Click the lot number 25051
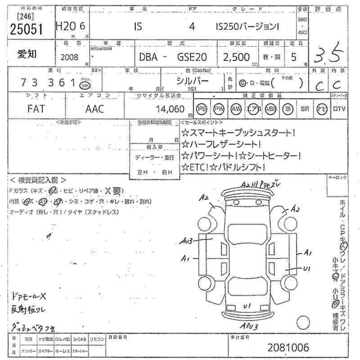click(26, 29)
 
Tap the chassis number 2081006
click(288, 347)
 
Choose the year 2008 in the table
click(69, 57)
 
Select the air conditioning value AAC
click(94, 108)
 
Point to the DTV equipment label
click(340, 108)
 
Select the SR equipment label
click(305, 108)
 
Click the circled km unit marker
click(84, 85)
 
